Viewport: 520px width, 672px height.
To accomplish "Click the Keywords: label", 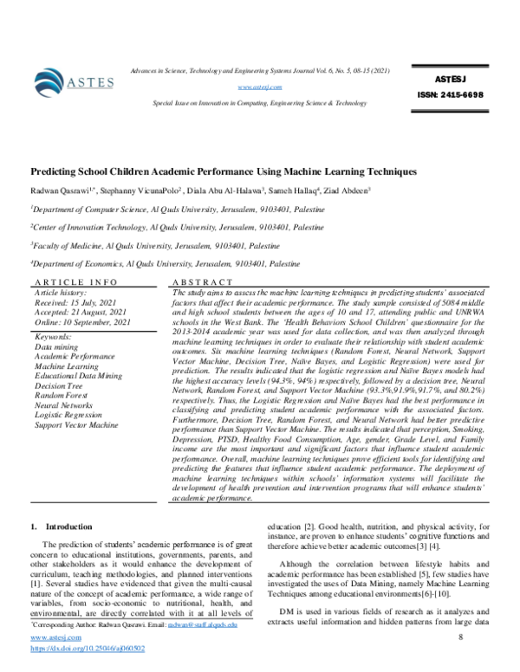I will point(59,335).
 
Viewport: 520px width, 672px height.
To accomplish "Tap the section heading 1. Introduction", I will point(61,526).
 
